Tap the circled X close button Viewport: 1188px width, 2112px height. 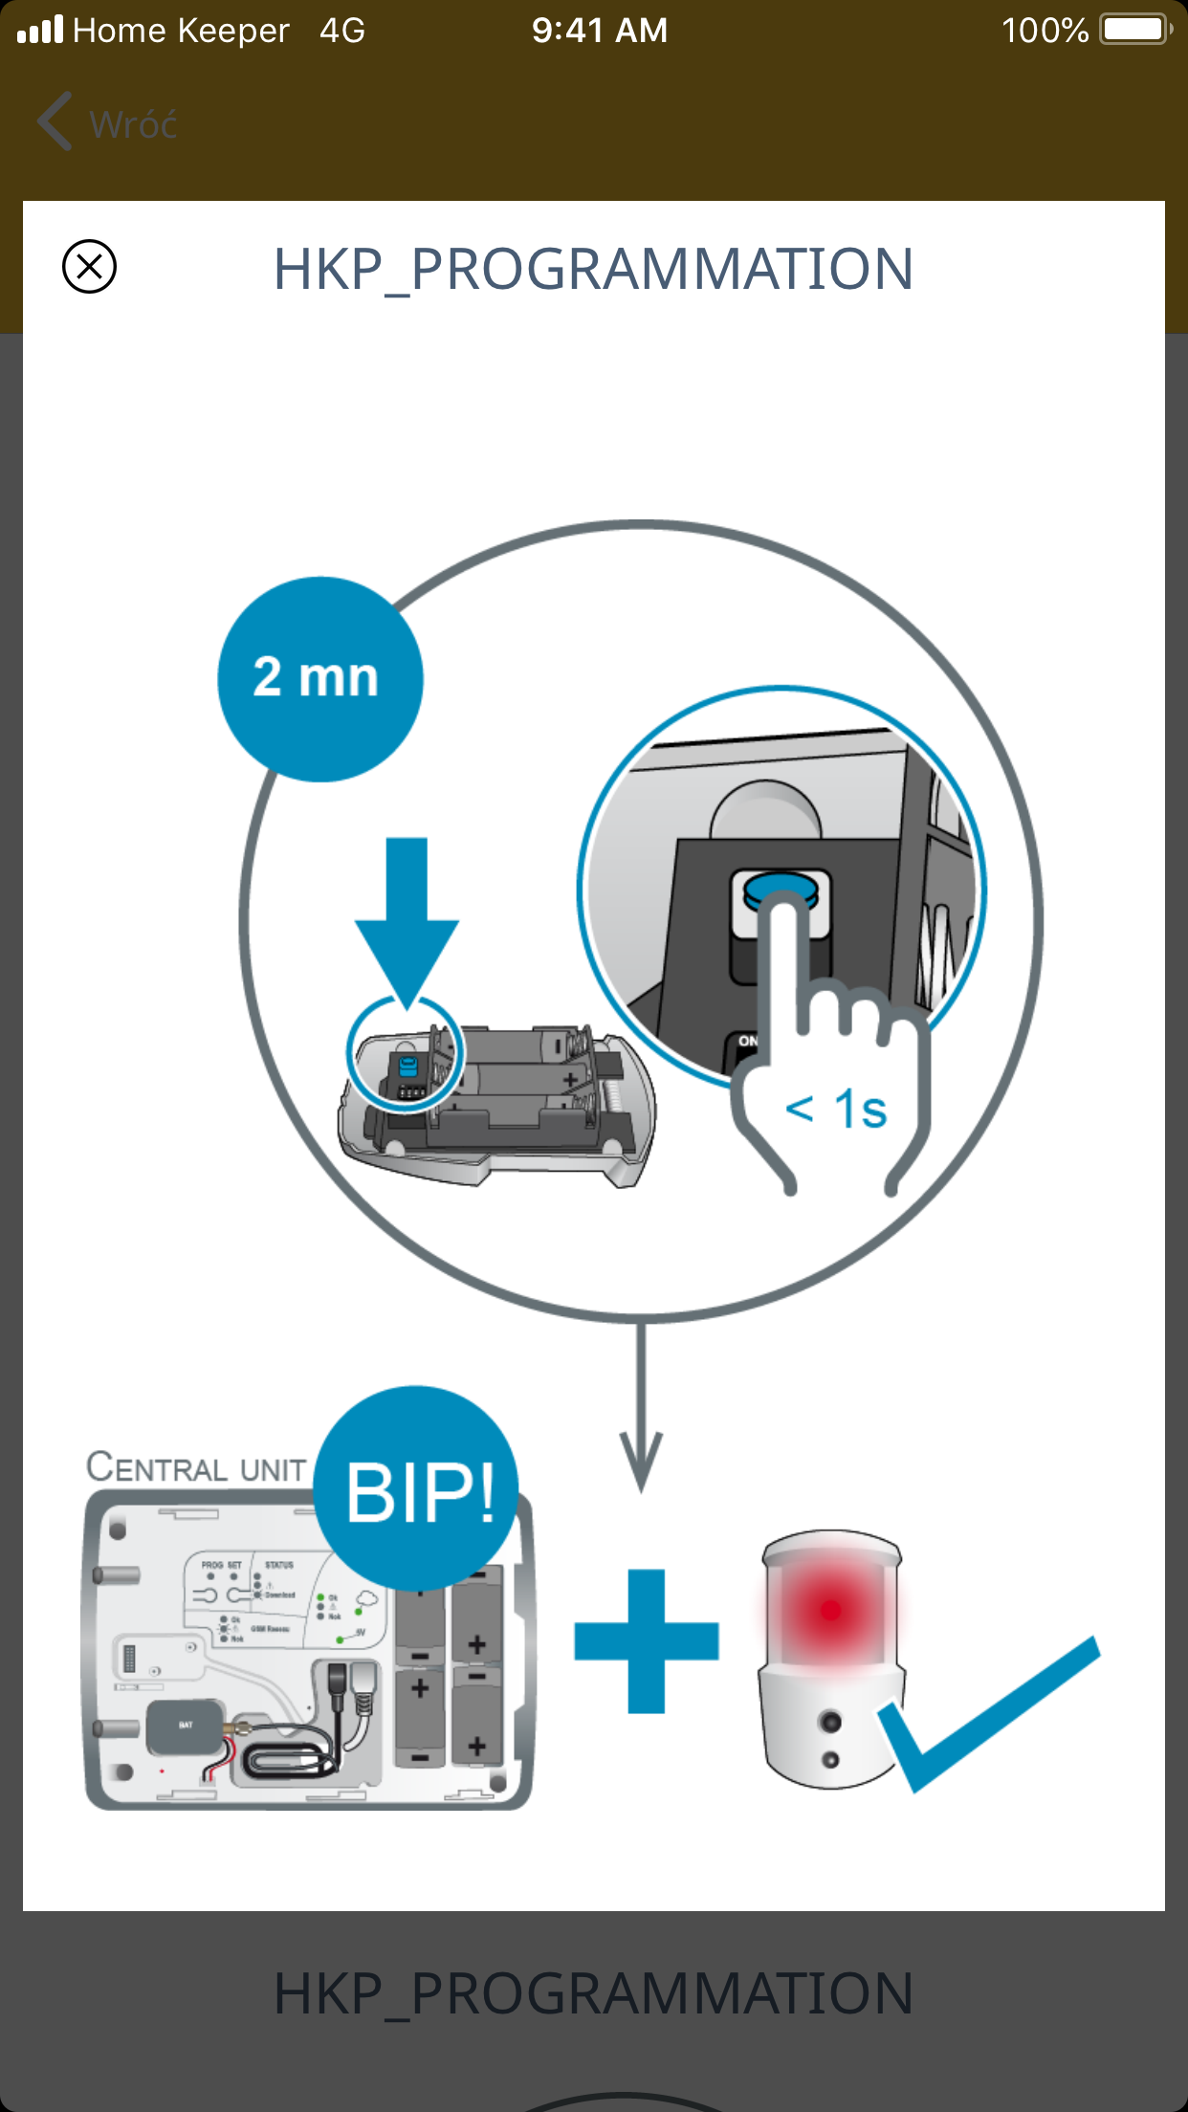point(89,266)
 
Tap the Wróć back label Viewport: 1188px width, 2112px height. point(133,124)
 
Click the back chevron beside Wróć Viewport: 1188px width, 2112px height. point(55,121)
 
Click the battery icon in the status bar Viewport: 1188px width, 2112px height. point(1134,30)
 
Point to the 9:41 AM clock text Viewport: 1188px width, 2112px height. point(600,31)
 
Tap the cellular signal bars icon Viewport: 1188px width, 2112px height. point(40,30)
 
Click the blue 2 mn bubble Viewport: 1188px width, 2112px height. point(319,678)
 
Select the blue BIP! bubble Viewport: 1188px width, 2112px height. point(417,1489)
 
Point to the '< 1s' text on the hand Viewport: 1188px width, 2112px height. point(836,1110)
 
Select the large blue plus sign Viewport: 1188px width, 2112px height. point(647,1640)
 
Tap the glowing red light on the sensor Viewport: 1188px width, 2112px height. point(830,1611)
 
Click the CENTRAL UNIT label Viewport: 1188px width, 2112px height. point(196,1467)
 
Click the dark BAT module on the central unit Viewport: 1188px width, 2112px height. point(186,1726)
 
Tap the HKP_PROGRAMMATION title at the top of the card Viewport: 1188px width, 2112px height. point(593,269)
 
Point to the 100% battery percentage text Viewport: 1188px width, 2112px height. point(1045,31)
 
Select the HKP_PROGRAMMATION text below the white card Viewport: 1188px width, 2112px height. point(593,1993)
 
